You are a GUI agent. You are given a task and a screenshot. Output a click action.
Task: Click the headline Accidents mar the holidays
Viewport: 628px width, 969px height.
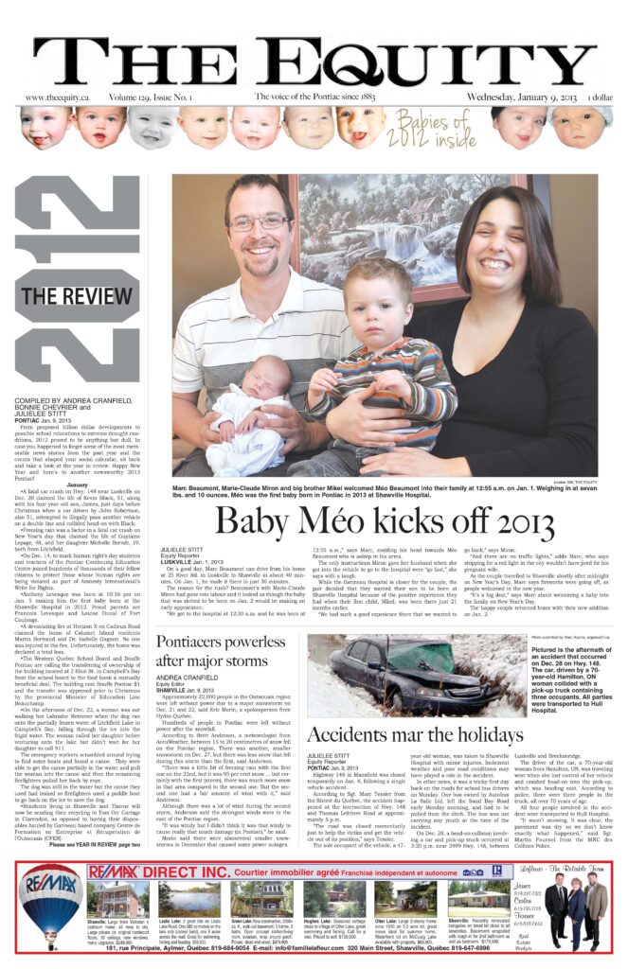pos(414,735)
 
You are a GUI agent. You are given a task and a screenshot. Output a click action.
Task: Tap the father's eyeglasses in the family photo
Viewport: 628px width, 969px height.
pos(259,224)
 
